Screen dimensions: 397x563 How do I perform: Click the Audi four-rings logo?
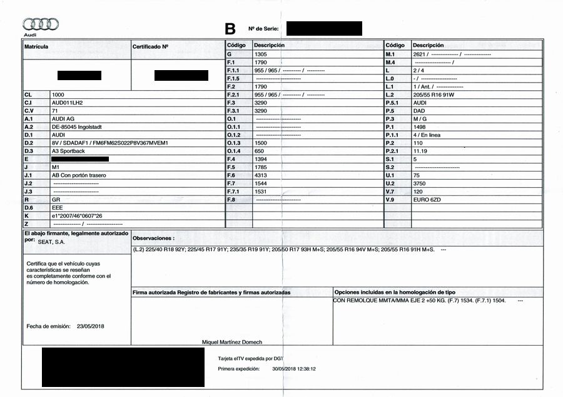pyautogui.click(x=41, y=24)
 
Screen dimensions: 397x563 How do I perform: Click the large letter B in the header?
pyautogui.click(x=230, y=28)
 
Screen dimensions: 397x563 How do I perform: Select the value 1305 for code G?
pyautogui.click(x=261, y=54)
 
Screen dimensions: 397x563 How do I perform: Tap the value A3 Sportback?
pyautogui.click(x=68, y=151)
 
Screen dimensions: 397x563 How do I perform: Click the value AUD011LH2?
pyautogui.click(x=68, y=102)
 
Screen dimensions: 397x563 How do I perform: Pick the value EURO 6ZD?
pyautogui.click(x=427, y=199)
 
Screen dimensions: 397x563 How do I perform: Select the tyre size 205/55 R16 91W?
pyautogui.click(x=435, y=94)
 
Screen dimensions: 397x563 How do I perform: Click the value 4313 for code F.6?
pyautogui.click(x=261, y=175)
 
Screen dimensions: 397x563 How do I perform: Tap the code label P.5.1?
pyautogui.click(x=392, y=102)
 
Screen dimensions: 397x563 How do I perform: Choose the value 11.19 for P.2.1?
pyautogui.click(x=420, y=151)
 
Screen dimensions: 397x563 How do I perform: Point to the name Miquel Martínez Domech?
pyautogui.click(x=232, y=342)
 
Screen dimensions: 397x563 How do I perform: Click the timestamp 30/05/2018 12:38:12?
pyautogui.click(x=294, y=369)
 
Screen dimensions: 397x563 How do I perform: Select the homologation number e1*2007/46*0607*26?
pyautogui.click(x=77, y=215)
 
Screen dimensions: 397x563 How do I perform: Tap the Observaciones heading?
pyautogui.click(x=153, y=239)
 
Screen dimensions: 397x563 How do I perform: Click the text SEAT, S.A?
pyautogui.click(x=51, y=241)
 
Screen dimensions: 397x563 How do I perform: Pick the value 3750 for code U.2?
pyautogui.click(x=420, y=183)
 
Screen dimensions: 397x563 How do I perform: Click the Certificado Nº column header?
pyautogui.click(x=150, y=46)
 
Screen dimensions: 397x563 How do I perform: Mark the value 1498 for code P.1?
pyautogui.click(x=419, y=126)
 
